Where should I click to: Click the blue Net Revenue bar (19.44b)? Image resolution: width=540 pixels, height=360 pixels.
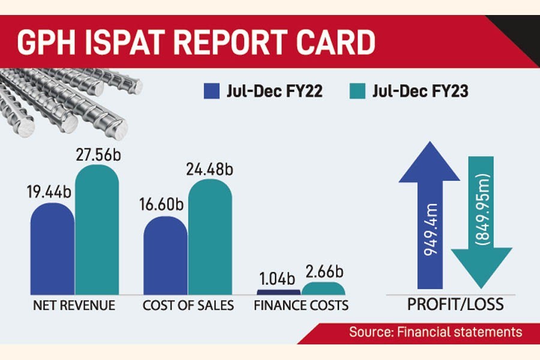click(x=52, y=249)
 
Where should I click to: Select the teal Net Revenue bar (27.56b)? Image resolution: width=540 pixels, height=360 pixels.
click(x=97, y=231)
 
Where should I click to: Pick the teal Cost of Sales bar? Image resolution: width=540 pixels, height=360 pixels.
click(x=210, y=237)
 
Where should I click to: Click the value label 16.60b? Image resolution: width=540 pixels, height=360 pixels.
click(x=164, y=205)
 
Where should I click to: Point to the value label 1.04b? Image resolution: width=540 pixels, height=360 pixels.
click(x=277, y=278)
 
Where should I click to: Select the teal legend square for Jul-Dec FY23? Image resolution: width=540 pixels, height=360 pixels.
click(x=356, y=92)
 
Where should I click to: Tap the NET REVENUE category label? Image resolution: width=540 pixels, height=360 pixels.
click(x=74, y=306)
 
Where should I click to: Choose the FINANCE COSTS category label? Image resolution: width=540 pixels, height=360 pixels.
click(x=301, y=306)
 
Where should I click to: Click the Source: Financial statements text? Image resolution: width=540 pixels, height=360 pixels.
click(x=436, y=332)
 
